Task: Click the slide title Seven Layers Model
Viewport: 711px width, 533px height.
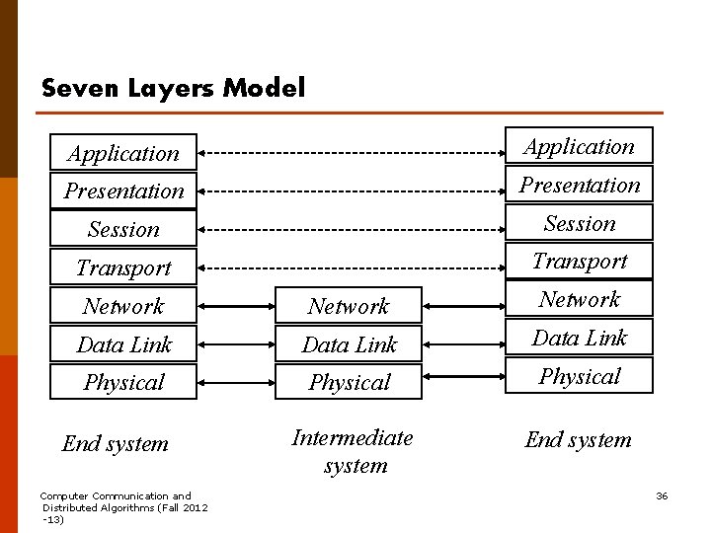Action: [x=173, y=88]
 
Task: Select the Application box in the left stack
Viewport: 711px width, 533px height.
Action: [x=123, y=152]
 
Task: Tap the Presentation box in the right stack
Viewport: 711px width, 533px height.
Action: [x=579, y=184]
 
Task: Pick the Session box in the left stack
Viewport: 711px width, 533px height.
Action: [x=123, y=229]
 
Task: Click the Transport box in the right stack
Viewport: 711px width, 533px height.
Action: [x=579, y=261]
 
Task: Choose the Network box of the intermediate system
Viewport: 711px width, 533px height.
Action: [x=349, y=305]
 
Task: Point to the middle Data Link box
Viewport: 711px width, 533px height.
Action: [x=349, y=343]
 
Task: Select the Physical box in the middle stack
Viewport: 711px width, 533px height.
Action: [x=349, y=382]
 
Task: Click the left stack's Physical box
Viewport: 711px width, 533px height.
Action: [x=123, y=382]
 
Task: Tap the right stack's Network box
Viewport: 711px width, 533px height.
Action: [x=579, y=299]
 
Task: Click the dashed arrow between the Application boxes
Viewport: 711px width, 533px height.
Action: [x=352, y=153]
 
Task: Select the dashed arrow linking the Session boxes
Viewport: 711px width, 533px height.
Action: [x=352, y=230]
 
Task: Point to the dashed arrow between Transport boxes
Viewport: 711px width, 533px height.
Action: [x=352, y=268]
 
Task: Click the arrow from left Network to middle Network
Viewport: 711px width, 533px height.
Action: [x=236, y=306]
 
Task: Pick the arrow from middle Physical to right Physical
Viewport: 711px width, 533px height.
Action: [x=464, y=376]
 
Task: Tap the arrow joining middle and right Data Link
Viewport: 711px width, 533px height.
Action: [x=464, y=344]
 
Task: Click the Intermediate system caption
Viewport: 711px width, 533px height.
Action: [x=353, y=451]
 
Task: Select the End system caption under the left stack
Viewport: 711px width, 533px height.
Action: [x=116, y=444]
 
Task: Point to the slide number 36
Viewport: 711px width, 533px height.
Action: [x=662, y=495]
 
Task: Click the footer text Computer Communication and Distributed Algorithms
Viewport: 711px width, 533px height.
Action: [x=123, y=507]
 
